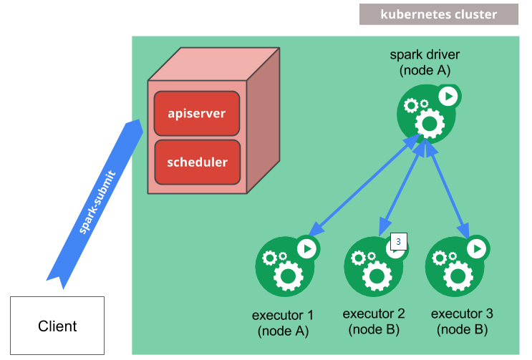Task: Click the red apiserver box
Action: tap(197, 114)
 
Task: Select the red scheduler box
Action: tap(197, 162)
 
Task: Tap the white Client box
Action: tap(57, 326)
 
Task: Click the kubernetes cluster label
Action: tap(438, 14)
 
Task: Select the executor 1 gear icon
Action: tap(284, 266)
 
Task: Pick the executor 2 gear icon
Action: tap(372, 266)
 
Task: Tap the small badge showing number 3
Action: tap(398, 241)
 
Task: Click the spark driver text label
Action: tap(425, 62)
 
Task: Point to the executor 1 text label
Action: tap(283, 322)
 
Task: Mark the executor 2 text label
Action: tap(374, 321)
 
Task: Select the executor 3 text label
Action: tap(462, 321)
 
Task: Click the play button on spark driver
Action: tap(449, 96)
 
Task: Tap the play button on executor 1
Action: tap(307, 248)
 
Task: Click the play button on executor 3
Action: tap(477, 248)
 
